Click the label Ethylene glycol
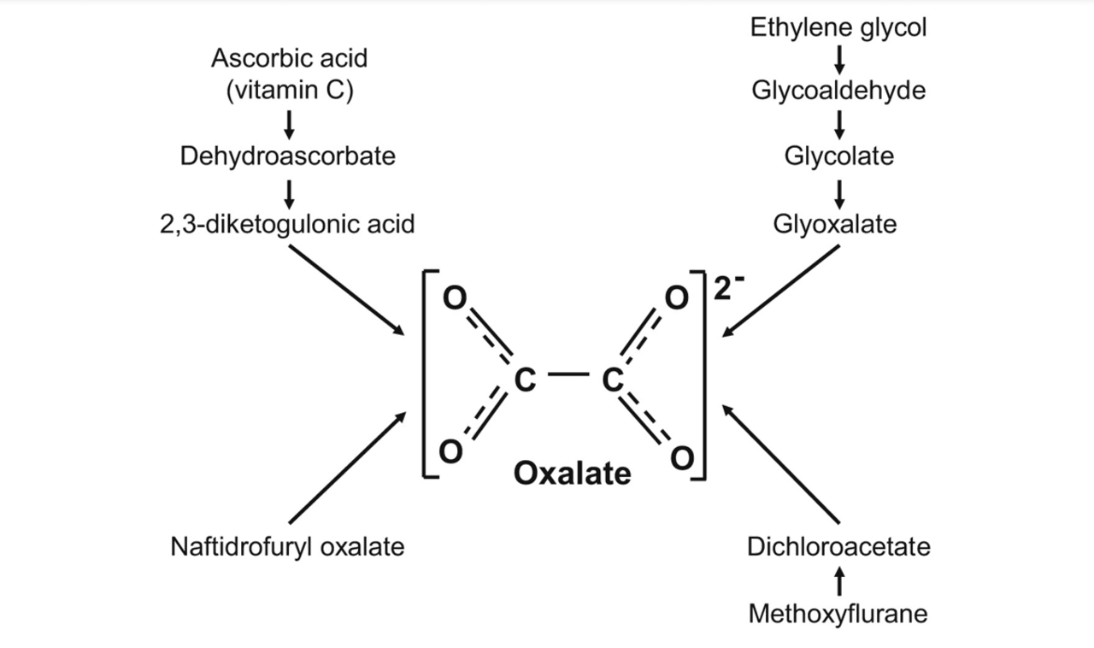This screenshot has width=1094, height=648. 838,27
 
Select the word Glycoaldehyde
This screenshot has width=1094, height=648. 838,91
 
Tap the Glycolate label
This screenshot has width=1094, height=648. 838,156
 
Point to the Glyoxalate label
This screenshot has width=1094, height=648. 835,224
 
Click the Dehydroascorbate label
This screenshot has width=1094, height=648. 288,156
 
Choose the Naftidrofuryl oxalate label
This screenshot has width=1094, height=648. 288,546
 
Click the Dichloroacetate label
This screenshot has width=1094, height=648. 838,546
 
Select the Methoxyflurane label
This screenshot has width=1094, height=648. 838,614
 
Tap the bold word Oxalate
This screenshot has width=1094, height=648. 572,473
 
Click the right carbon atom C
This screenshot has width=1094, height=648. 611,377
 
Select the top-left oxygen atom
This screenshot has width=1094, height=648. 454,297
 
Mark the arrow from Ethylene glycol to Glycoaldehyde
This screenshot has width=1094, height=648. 839,59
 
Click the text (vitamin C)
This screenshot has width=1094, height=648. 289,91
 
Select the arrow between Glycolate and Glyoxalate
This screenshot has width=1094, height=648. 839,191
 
